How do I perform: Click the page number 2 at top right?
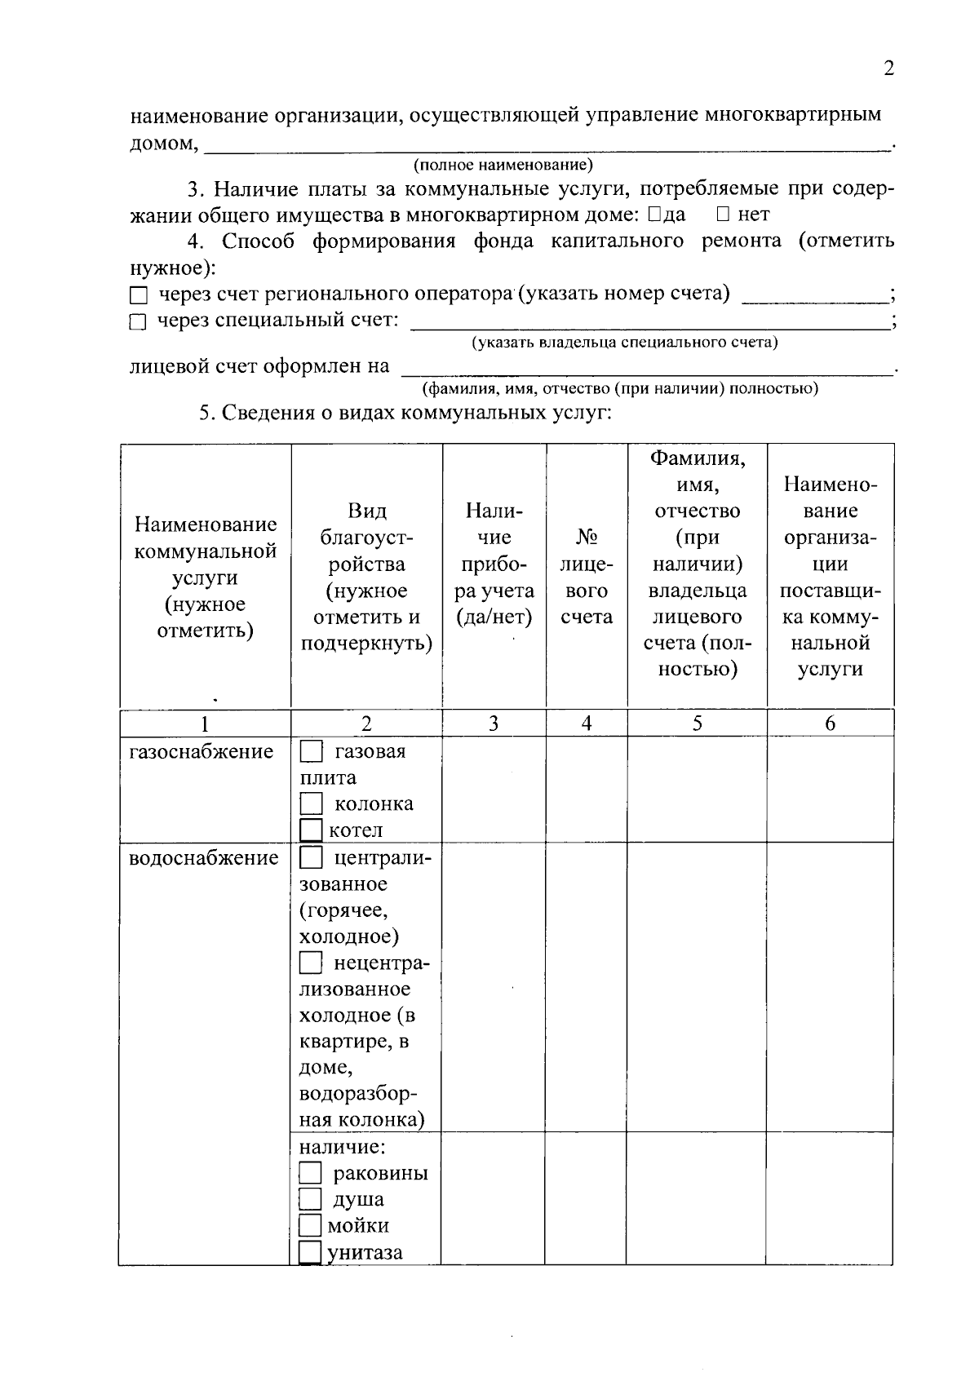point(888,69)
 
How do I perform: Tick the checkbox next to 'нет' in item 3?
point(723,215)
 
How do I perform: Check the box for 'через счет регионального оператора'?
point(139,295)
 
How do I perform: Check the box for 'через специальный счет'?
point(139,322)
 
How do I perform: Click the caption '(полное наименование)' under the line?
point(503,166)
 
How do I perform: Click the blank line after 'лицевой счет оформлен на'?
point(649,369)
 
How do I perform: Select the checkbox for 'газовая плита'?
point(311,751)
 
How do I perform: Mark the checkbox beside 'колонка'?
point(311,804)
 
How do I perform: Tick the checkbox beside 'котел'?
point(311,830)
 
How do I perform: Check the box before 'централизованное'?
point(311,858)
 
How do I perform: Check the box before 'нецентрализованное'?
point(311,963)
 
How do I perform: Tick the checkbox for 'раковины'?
point(310,1174)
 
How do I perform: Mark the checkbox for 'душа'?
point(310,1200)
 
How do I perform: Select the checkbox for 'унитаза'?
point(310,1252)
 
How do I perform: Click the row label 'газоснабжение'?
point(202,751)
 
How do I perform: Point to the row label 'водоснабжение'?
point(204,858)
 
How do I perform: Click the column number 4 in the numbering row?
point(586,724)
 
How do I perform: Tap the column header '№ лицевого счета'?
point(587,577)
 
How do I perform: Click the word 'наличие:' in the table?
point(342,1147)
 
